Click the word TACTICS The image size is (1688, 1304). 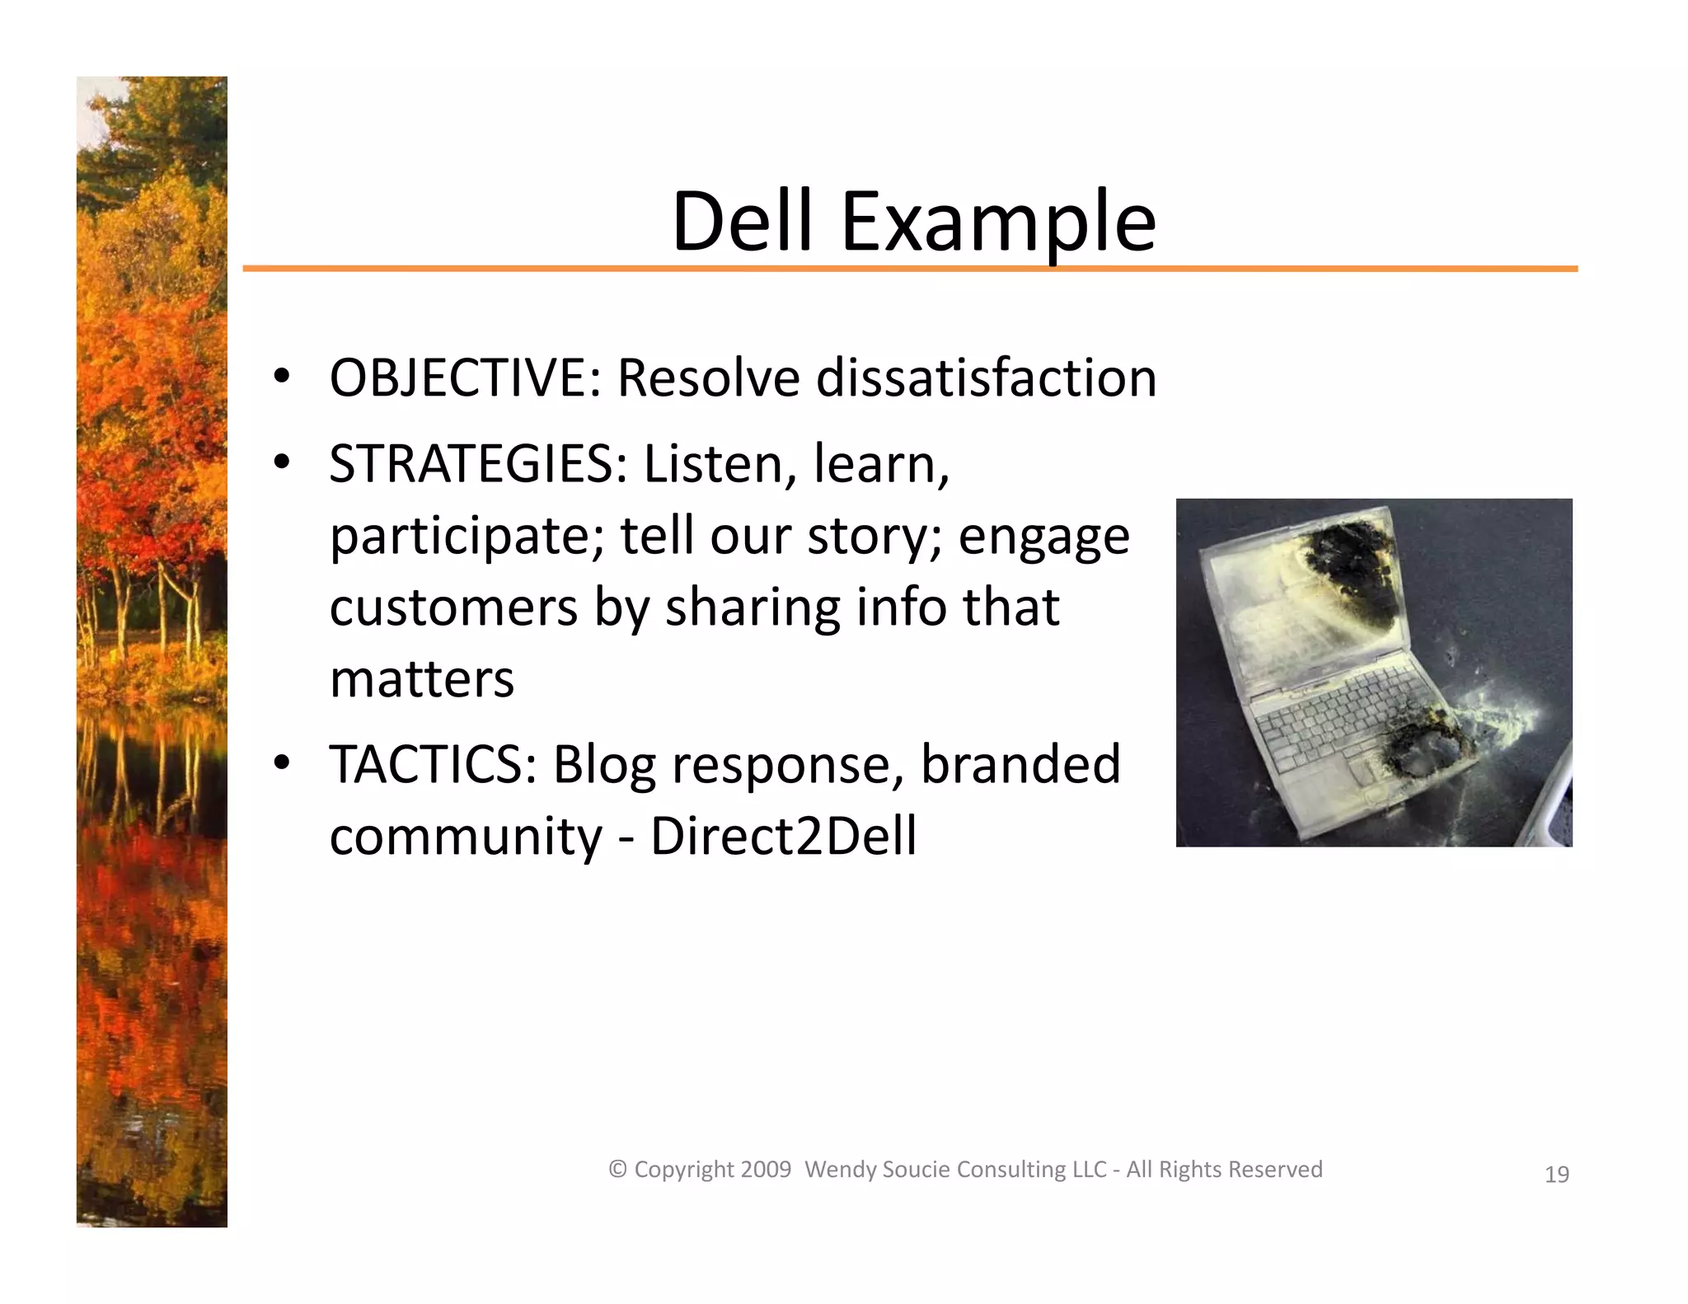click(x=433, y=764)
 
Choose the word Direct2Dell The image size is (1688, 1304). click(x=783, y=836)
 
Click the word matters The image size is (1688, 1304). click(x=421, y=679)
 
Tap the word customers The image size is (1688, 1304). click(x=453, y=607)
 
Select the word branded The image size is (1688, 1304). click(x=1020, y=764)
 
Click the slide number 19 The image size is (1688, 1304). click(x=1556, y=1175)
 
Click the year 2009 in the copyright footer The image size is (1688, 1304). click(x=766, y=1170)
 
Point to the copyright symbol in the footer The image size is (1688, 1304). click(x=617, y=1170)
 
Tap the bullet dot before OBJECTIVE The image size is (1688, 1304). click(x=282, y=377)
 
